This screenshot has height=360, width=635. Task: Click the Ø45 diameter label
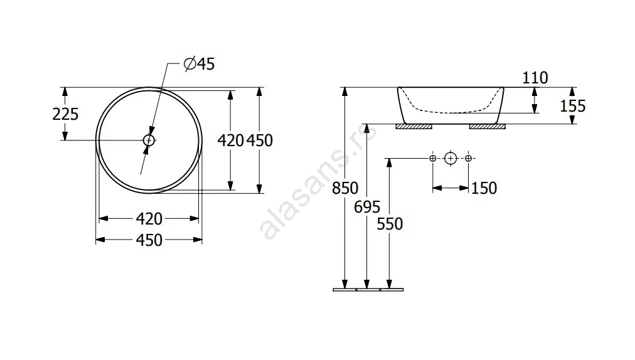pyautogui.click(x=199, y=64)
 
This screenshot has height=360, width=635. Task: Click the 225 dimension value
pyautogui.click(x=65, y=114)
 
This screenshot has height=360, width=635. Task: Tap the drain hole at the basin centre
pyautogui.click(x=149, y=140)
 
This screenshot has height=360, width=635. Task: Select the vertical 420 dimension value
pyautogui.click(x=231, y=140)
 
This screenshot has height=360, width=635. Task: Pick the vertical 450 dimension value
pyautogui.click(x=260, y=140)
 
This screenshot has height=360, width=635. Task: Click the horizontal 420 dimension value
pyautogui.click(x=149, y=219)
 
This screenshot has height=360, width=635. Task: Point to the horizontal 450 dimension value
pyautogui.click(x=149, y=240)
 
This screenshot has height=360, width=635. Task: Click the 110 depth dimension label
pyautogui.click(x=535, y=78)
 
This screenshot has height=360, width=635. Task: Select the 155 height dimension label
pyautogui.click(x=573, y=106)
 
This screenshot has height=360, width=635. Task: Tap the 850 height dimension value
pyautogui.click(x=345, y=188)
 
